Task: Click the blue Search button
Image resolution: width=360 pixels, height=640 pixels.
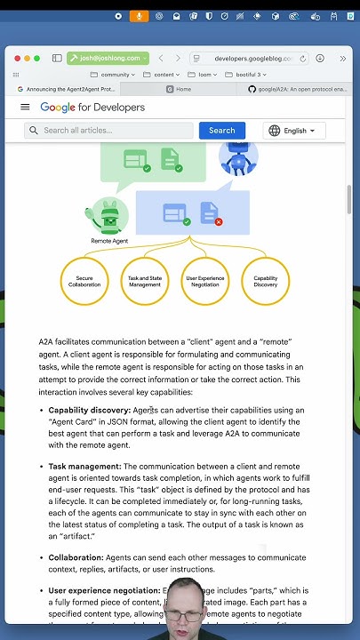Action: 221,130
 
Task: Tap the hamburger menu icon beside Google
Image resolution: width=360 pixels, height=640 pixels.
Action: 25,107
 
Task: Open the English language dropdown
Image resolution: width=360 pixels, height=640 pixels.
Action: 294,131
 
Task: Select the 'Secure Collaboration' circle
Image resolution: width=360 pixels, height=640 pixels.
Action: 84,281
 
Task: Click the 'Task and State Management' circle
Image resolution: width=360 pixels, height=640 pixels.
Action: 145,281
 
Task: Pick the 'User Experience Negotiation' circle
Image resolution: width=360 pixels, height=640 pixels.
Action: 205,281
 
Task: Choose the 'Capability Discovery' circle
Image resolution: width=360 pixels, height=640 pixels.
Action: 266,281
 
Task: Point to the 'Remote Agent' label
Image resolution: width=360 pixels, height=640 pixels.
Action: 109,241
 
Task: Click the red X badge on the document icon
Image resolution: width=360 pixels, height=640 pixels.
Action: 219,221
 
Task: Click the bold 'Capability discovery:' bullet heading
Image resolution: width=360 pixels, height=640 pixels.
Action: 89,411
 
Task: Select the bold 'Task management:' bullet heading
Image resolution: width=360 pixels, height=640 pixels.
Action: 84,466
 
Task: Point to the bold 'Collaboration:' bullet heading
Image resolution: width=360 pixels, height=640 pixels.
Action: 76,557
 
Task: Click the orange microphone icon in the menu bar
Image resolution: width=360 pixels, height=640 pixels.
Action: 139,16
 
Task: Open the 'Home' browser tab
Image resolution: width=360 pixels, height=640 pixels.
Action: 183,89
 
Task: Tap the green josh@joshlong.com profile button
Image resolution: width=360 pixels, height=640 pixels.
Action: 108,58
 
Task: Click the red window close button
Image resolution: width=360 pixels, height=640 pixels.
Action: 16,58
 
